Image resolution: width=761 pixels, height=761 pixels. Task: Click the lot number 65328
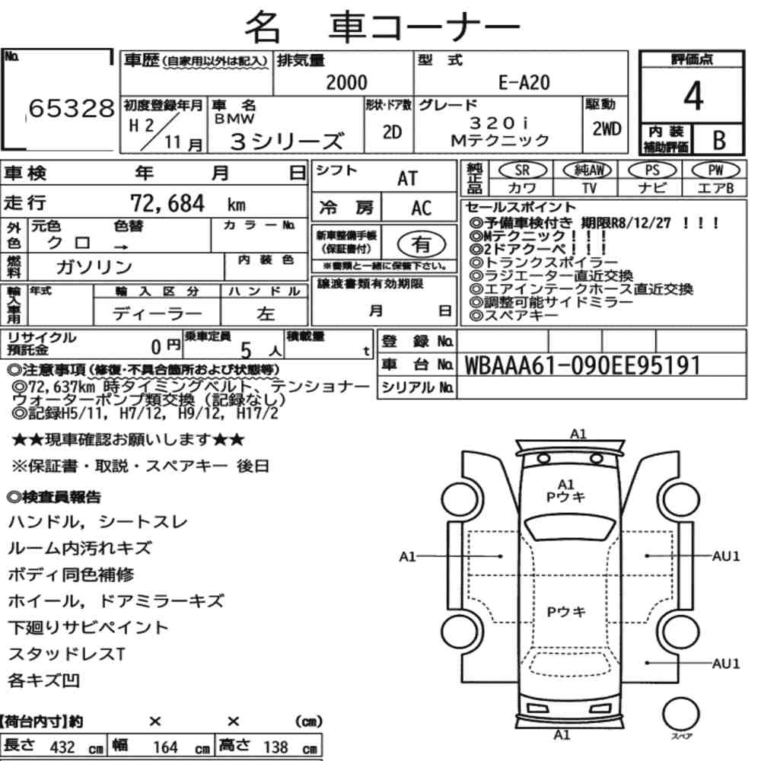pos(72,108)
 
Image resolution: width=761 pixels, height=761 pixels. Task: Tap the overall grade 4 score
pos(693,96)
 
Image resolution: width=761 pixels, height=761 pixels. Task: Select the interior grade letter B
pos(719,140)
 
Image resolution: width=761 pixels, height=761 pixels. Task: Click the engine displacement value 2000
pos(346,82)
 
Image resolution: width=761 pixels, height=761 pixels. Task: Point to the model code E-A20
pos(524,82)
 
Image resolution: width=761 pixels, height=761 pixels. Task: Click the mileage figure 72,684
pos(167,203)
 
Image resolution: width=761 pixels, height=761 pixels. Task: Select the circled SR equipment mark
pos(522,170)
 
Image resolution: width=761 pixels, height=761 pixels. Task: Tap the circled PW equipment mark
pos(715,170)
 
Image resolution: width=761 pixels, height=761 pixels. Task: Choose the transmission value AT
pos(407,179)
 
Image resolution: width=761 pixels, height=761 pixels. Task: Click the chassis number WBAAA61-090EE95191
pos(582,365)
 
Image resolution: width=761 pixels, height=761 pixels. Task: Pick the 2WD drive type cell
pos(607,129)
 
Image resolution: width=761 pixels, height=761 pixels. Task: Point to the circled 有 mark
pos(422,244)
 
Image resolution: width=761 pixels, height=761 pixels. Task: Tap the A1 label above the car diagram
pos(578,434)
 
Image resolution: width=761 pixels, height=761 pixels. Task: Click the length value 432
pos(62,747)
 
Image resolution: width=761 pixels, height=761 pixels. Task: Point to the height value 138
pos(275,747)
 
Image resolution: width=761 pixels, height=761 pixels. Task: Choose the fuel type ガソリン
pos(94,266)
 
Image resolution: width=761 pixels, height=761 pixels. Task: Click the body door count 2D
pos(392,132)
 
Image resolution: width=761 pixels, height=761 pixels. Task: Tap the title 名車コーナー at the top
pos(383,27)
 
